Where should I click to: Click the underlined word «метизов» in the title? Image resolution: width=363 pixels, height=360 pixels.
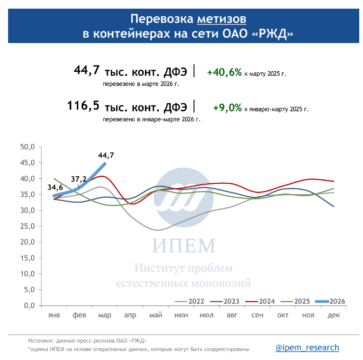221,19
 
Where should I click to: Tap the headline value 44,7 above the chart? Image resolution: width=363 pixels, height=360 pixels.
87,71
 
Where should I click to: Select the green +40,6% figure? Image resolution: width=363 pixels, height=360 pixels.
224,72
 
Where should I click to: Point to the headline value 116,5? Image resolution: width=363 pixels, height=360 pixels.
84,105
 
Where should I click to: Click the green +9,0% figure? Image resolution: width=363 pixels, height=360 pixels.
227,108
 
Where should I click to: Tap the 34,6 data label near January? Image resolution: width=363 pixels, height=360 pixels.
55,187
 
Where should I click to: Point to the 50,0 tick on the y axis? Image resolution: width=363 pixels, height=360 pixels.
27,147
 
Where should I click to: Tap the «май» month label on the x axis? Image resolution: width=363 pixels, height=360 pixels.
156,315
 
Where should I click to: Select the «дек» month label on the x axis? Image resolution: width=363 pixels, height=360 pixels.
334,315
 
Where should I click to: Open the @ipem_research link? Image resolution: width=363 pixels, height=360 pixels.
307,348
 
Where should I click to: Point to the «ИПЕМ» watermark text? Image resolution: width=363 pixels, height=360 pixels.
183,246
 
